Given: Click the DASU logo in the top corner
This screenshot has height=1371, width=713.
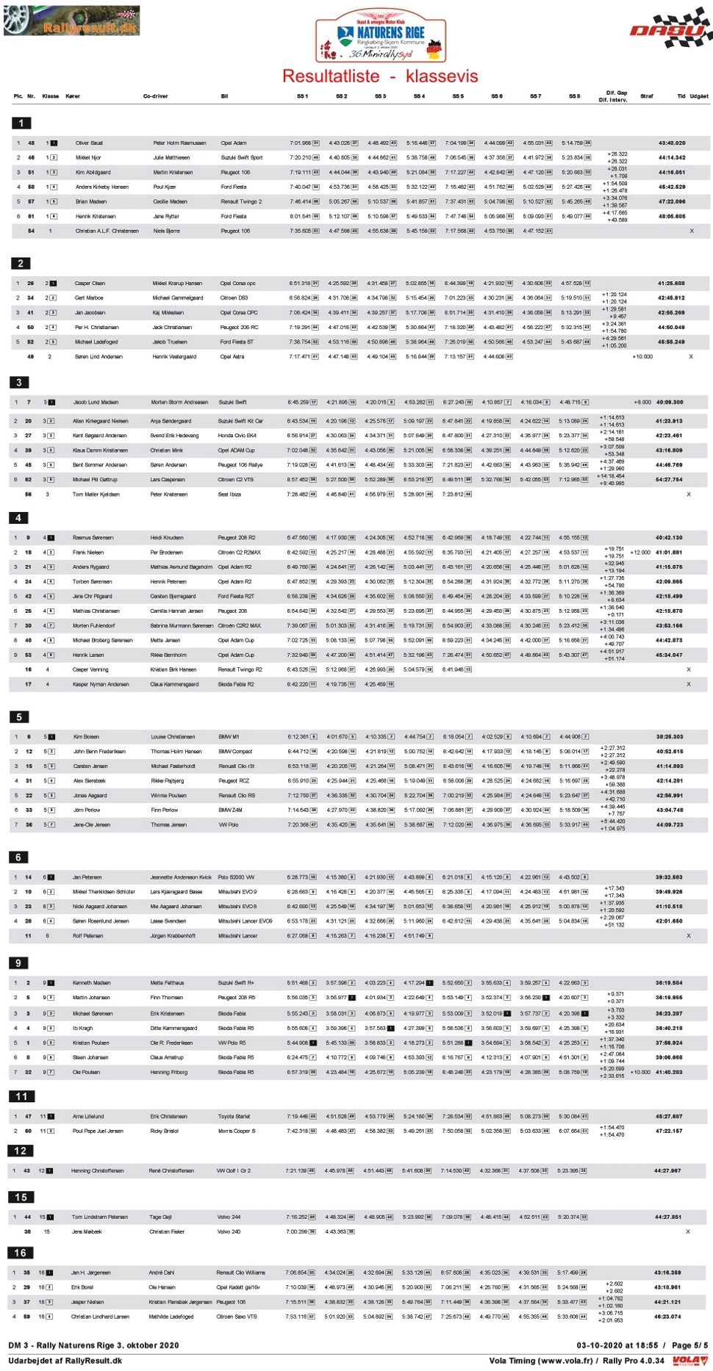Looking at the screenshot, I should click(670, 29).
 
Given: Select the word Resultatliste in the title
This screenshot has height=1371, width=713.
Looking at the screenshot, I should click(331, 76).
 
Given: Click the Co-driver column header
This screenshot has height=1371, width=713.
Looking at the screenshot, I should click(156, 96).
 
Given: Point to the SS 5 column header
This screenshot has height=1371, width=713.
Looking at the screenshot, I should click(458, 96).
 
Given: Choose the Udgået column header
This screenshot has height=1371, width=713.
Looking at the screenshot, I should click(699, 96).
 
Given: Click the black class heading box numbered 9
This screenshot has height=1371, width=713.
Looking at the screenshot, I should click(19, 962).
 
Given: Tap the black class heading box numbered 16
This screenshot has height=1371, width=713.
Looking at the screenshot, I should click(21, 1252).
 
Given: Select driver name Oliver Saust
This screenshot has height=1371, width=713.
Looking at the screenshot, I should click(89, 143).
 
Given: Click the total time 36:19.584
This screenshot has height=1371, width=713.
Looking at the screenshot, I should click(669, 982).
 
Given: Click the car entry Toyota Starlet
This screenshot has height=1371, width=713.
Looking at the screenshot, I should click(233, 1116).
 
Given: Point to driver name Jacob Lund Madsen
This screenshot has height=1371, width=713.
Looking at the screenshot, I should click(96, 402).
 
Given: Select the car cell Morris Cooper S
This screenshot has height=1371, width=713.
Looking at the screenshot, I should click(237, 1131).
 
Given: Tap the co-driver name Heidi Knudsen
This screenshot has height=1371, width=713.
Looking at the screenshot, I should click(167, 537).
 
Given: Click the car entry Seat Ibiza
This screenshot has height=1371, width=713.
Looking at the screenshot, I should click(230, 494).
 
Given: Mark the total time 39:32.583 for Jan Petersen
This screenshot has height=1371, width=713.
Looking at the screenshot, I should click(669, 877).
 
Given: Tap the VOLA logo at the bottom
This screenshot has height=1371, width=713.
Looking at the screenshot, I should click(689, 1361).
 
